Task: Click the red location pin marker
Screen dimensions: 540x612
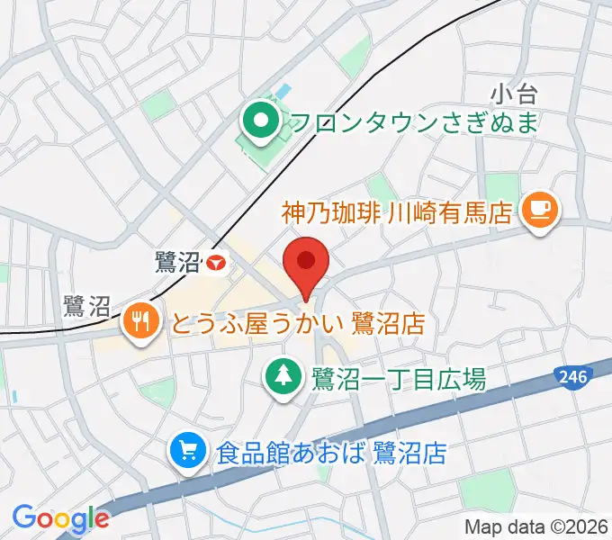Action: point(306,261)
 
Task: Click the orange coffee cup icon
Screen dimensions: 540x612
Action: point(540,210)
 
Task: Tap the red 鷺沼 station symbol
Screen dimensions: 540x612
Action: point(215,263)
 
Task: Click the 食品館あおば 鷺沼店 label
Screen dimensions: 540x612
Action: point(331,452)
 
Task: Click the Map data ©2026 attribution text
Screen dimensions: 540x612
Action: point(536,526)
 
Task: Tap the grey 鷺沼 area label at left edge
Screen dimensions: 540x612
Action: point(86,308)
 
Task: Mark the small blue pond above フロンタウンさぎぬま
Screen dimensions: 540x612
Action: point(283,92)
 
